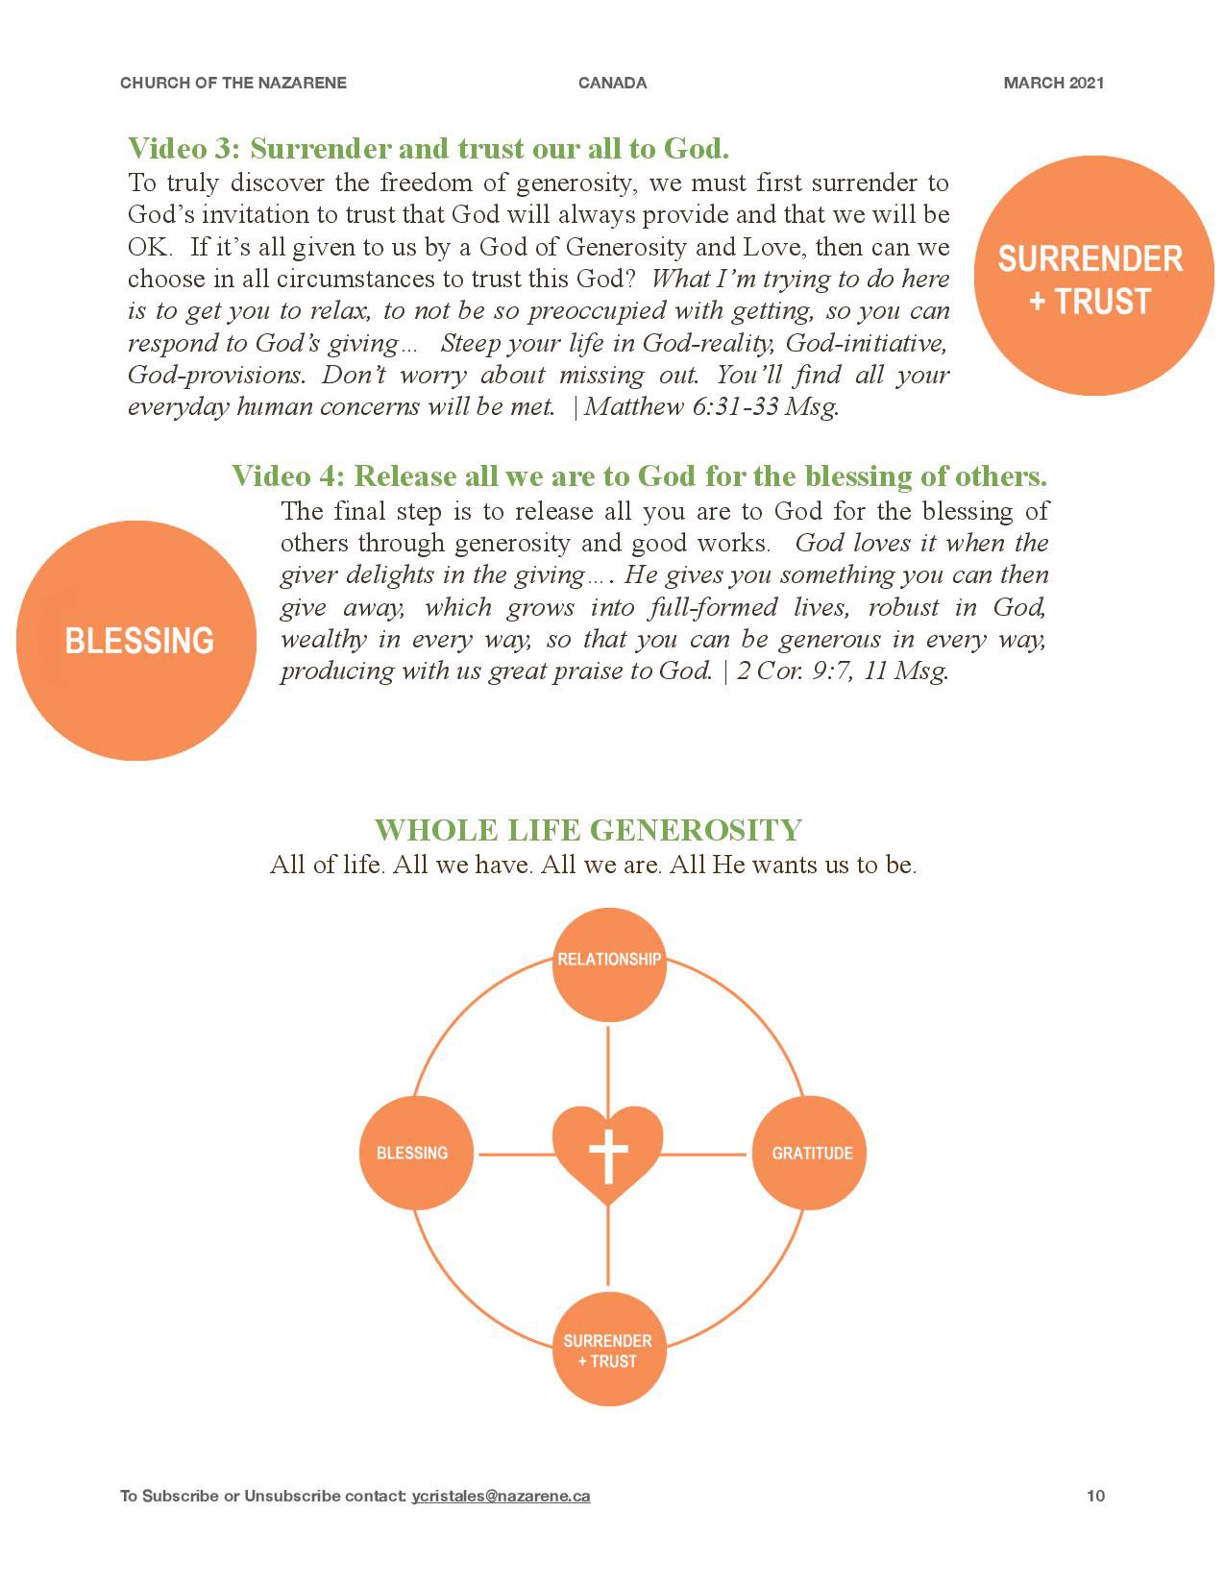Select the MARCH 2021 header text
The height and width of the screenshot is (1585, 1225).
pyautogui.click(x=1054, y=84)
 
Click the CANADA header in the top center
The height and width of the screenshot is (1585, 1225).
pyautogui.click(x=612, y=84)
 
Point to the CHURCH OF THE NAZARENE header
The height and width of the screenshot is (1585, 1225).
pyautogui.click(x=233, y=84)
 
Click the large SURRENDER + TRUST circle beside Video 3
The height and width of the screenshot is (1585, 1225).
pyautogui.click(x=1093, y=276)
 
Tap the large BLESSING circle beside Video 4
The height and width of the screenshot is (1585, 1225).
pyautogui.click(x=136, y=641)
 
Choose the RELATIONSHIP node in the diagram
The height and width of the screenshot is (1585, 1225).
pyautogui.click(x=608, y=965)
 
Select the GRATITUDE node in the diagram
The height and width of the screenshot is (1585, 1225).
pyautogui.click(x=809, y=1153)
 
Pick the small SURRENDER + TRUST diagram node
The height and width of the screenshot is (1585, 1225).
pyautogui.click(x=608, y=1350)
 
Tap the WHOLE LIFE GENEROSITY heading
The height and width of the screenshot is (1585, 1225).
pyautogui.click(x=588, y=830)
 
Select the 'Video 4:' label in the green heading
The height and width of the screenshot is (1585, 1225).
pyautogui.click(x=287, y=476)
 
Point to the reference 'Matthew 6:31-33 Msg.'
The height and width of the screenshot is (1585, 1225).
pyautogui.click(x=711, y=406)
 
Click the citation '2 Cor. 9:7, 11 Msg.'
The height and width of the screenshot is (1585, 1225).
pyautogui.click(x=843, y=671)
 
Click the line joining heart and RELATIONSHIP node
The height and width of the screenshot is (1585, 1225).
pyautogui.click(x=608, y=1068)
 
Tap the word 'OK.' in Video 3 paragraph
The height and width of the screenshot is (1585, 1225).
pyautogui.click(x=150, y=247)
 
